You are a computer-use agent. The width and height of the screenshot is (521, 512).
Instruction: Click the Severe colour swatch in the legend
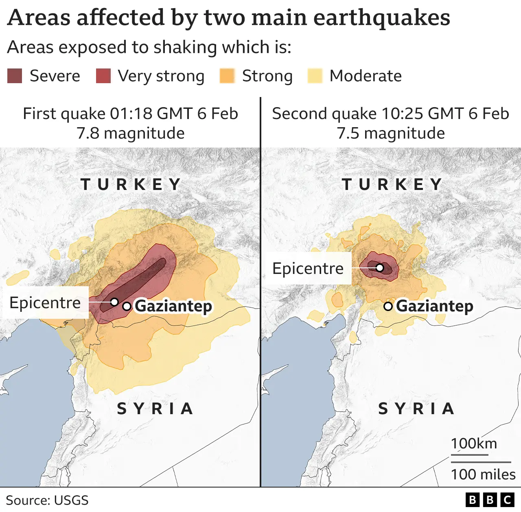15,76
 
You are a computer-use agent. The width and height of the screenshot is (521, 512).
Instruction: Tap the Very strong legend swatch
103,76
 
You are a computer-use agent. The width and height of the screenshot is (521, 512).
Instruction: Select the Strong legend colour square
227,76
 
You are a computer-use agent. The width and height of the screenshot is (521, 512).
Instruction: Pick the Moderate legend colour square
315,76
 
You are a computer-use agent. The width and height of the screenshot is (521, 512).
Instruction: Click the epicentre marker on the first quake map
115,302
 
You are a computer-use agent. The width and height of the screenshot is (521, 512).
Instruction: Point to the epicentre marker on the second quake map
379,268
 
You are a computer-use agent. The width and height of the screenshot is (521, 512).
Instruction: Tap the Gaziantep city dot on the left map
127,306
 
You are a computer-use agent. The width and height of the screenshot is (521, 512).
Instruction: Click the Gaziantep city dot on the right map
388,306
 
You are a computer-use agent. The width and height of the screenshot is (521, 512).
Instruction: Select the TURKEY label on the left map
131,184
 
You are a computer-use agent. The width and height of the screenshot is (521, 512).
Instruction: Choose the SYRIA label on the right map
416,408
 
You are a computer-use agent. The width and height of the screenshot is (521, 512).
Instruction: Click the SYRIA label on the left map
155,408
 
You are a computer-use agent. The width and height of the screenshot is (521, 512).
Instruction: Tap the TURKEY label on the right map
392,184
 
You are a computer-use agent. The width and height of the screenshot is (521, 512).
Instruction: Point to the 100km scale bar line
469,455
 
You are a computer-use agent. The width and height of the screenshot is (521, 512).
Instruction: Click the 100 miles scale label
483,474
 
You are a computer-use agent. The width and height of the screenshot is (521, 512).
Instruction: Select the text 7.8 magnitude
131,133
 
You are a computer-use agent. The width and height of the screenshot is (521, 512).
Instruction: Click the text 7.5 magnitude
391,133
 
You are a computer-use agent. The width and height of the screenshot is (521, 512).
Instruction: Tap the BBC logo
490,500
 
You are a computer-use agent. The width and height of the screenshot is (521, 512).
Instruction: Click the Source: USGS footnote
47,500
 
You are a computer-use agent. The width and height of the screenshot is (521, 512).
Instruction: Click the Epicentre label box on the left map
45,302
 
